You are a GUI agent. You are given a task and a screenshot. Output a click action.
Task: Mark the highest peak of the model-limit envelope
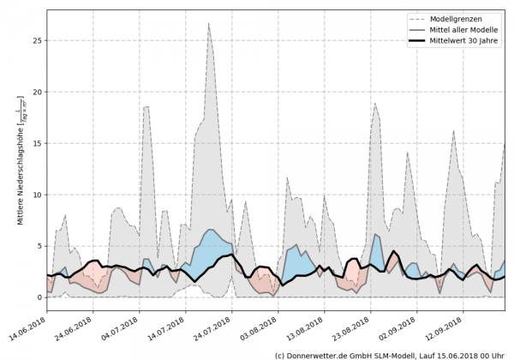tap(209, 24)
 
